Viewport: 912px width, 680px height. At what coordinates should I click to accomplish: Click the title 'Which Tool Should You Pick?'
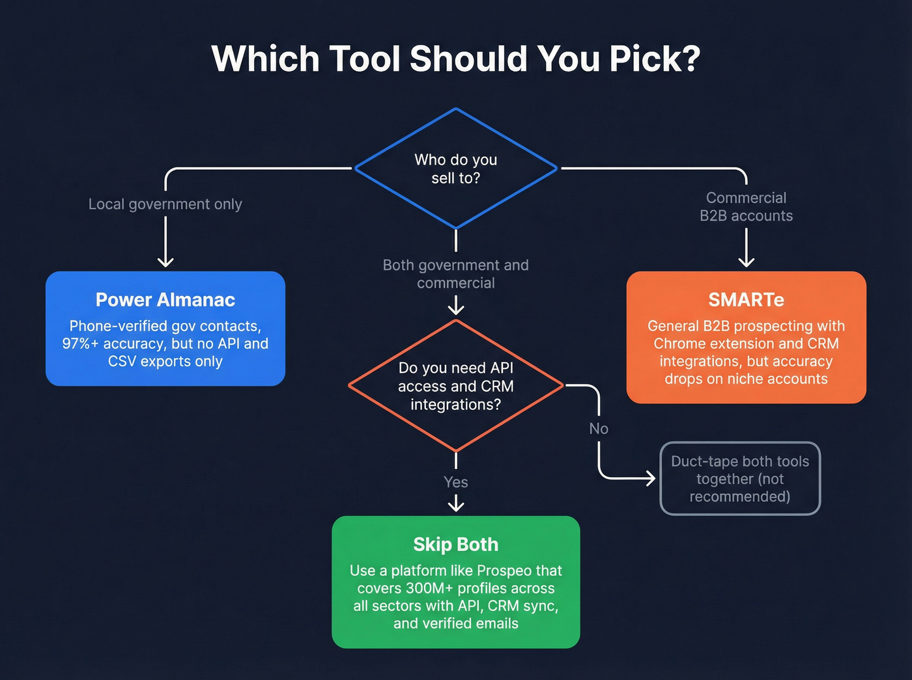point(456,59)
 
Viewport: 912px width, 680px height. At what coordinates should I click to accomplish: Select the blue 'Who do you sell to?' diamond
point(456,169)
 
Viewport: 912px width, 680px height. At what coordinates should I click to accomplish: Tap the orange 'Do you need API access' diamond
point(456,386)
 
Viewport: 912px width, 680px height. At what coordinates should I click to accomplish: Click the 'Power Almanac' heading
point(165,300)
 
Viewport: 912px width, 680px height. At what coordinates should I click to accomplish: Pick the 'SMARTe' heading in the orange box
point(746,300)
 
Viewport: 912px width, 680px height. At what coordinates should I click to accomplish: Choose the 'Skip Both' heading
point(456,545)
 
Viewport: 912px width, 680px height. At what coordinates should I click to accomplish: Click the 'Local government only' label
point(165,204)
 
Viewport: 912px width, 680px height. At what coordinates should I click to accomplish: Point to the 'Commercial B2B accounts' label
point(746,207)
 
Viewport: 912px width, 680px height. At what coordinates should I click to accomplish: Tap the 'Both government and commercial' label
point(456,274)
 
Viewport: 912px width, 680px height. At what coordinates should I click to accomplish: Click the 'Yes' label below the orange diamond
point(456,482)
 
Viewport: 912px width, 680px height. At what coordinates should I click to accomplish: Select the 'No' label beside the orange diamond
point(599,429)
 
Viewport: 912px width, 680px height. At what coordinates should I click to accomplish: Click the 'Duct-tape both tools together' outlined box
point(740,479)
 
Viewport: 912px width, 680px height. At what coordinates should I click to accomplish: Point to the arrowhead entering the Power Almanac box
point(165,262)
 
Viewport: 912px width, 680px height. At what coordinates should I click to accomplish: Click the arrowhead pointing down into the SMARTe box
point(747,262)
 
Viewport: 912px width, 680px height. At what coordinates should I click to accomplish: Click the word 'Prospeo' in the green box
point(504,571)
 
